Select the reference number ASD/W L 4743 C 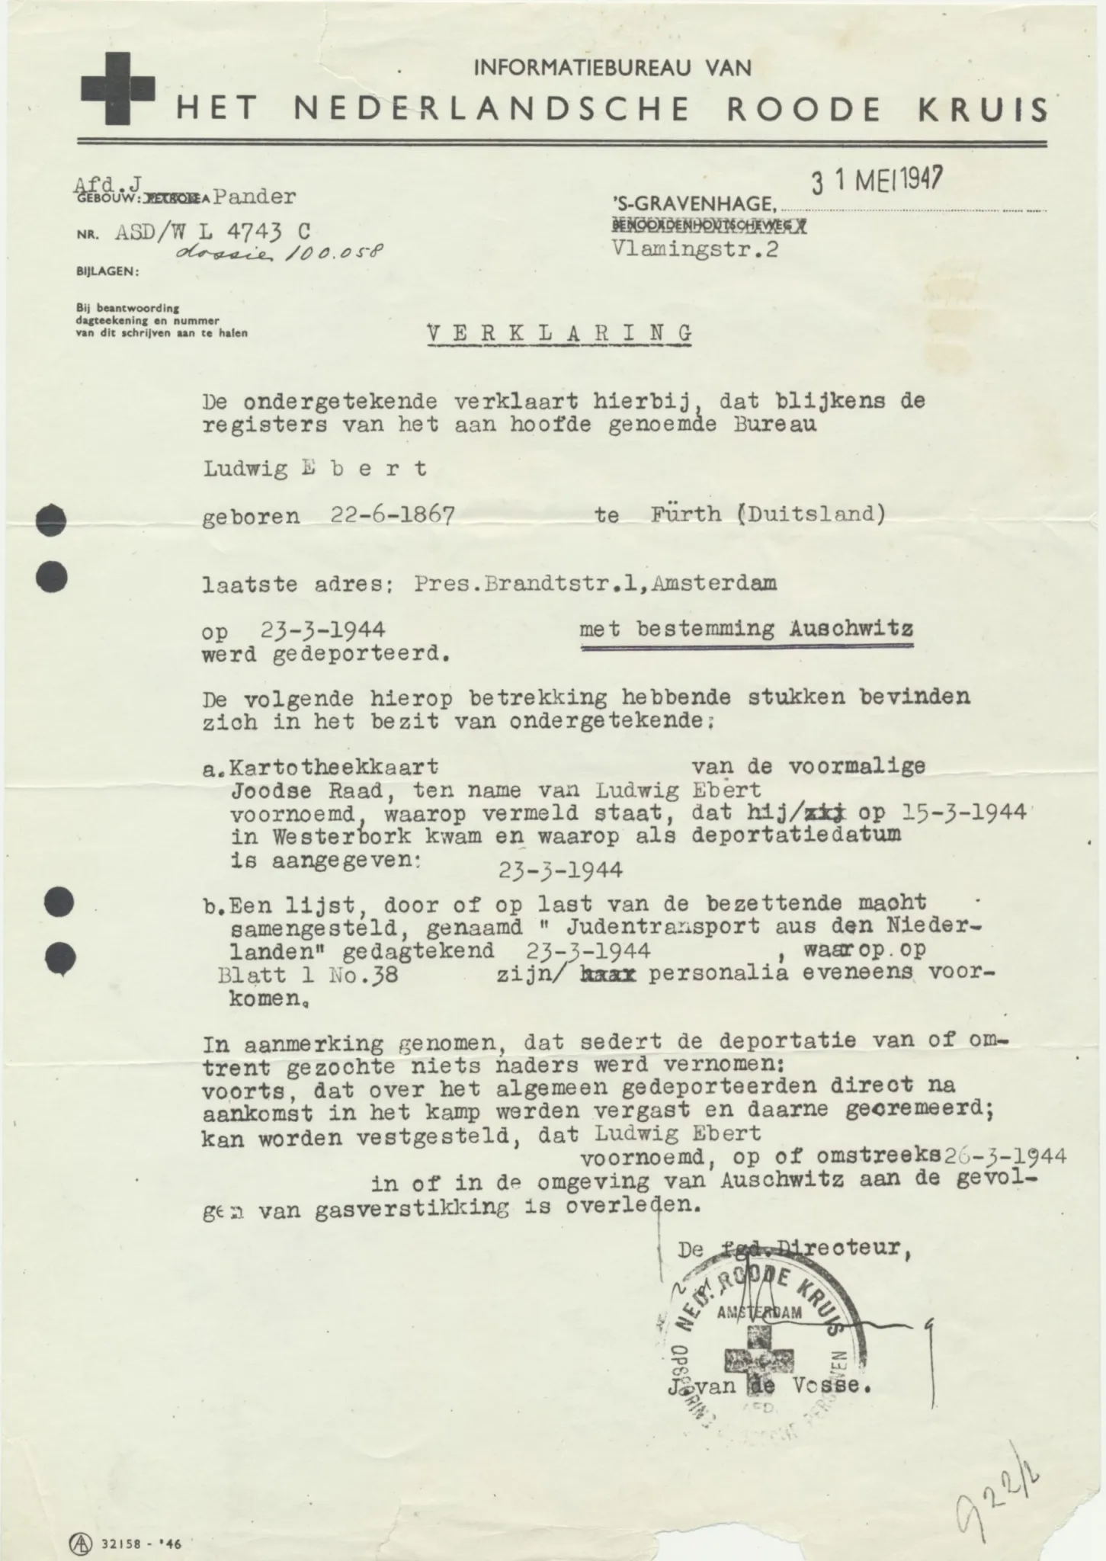(x=212, y=232)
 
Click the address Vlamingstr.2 (x=694, y=250)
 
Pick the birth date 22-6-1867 (x=393, y=516)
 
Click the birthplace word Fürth (x=685, y=514)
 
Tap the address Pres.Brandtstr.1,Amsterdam (x=595, y=584)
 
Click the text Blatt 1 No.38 (x=308, y=975)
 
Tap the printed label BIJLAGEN (x=107, y=271)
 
